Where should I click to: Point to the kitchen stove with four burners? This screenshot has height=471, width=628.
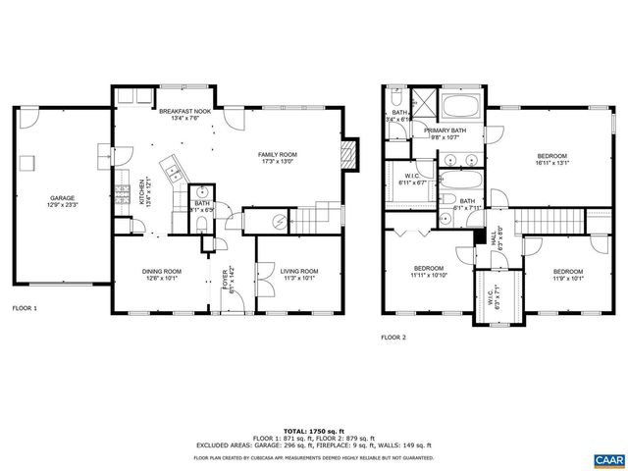pos(124,192)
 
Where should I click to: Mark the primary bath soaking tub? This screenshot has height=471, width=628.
pos(458,107)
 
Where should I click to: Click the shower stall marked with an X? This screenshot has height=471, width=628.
pos(421,101)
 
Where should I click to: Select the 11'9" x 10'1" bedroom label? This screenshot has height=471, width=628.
pos(567,275)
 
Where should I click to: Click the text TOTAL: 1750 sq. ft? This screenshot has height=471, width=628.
pos(313,431)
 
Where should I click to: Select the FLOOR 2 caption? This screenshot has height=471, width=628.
pos(393,337)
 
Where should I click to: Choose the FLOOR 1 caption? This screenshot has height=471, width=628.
pos(24,308)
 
